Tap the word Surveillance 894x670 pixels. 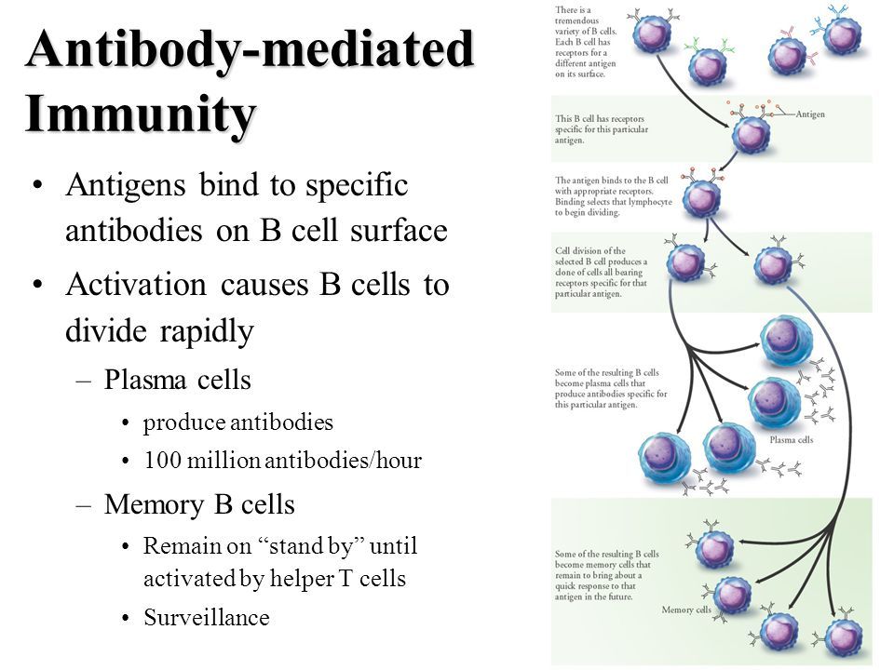[207, 617]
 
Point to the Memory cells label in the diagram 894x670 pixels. [687, 610]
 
